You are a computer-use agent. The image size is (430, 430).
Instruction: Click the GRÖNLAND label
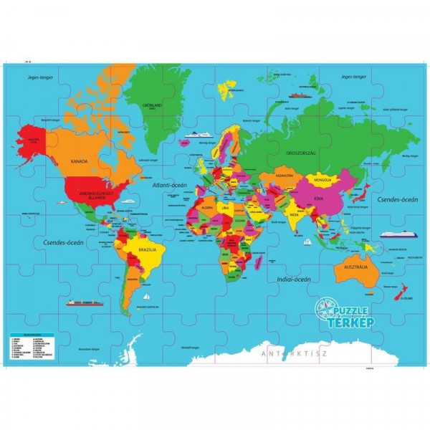coord(153,105)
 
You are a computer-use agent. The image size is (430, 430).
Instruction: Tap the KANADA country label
coord(79,161)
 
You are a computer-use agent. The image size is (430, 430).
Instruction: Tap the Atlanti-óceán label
coord(169,186)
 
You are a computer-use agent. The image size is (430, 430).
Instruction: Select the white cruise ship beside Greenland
coord(195,133)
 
